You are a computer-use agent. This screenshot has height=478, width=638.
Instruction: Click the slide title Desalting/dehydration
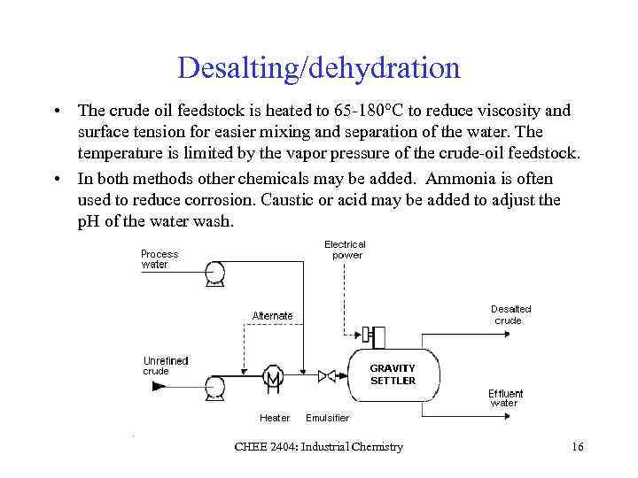pyautogui.click(x=319, y=67)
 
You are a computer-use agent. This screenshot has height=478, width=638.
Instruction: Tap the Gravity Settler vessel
pyautogui.click(x=392, y=374)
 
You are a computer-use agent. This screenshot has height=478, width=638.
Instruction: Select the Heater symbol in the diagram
pyautogui.click(x=272, y=379)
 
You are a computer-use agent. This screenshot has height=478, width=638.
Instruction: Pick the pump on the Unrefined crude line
pyautogui.click(x=214, y=385)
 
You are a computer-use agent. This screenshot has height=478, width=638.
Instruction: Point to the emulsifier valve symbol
pyautogui.click(x=326, y=376)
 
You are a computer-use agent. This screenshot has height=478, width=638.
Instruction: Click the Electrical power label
pyautogui.click(x=345, y=250)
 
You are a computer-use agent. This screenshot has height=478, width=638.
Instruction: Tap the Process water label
pyautogui.click(x=159, y=258)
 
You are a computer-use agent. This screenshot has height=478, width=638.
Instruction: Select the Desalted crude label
pyautogui.click(x=510, y=314)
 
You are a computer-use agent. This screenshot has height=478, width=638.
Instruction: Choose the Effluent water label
pyautogui.click(x=505, y=397)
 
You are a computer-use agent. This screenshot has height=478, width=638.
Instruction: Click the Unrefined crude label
pyautogui.click(x=166, y=366)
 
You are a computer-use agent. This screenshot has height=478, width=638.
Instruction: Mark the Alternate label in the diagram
pyautogui.click(x=272, y=315)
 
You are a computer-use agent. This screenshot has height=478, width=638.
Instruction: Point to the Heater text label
pyautogui.click(x=275, y=418)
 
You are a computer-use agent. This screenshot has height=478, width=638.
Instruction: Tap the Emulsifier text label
pyautogui.click(x=327, y=418)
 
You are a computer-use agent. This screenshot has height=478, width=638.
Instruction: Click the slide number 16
pyautogui.click(x=578, y=447)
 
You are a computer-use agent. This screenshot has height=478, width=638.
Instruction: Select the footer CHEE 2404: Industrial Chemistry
pyautogui.click(x=318, y=447)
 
